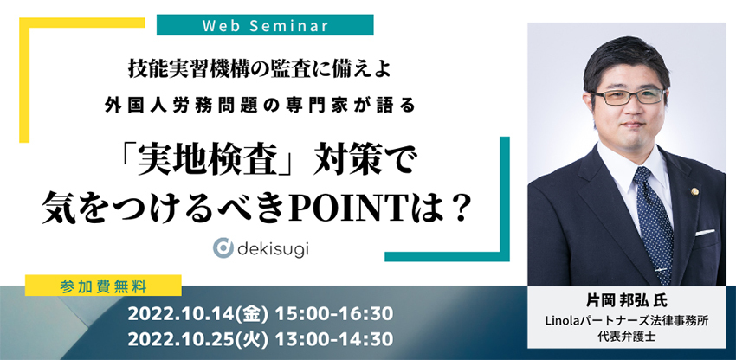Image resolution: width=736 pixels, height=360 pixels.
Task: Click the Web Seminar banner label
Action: [265, 25]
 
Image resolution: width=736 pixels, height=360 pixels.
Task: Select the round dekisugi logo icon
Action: [223, 247]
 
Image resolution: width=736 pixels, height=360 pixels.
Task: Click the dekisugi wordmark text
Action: [273, 248]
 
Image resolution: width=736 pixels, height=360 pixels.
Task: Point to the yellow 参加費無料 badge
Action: [103, 286]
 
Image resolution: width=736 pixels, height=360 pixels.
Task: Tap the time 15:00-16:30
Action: [333, 315]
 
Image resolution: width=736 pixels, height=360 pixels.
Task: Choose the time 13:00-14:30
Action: [333, 339]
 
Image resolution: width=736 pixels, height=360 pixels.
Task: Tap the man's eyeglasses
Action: [629, 96]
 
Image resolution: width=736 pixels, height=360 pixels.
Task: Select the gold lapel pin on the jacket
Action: [694, 190]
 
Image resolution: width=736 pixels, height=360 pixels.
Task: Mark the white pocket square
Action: [705, 233]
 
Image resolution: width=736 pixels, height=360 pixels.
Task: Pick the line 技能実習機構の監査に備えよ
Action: [259, 71]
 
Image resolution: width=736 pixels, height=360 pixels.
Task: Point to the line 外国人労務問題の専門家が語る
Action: [260, 105]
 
